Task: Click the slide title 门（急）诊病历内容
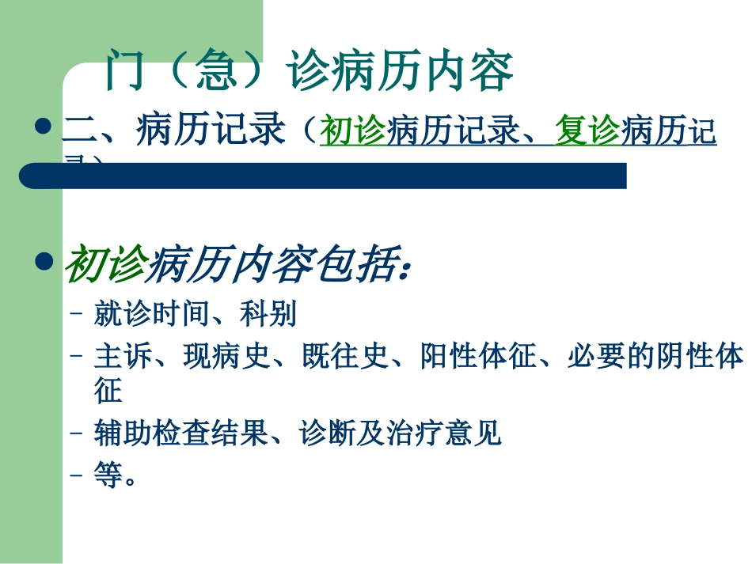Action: [x=310, y=71]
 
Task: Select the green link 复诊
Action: [x=587, y=131]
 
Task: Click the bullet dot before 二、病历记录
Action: [x=46, y=127]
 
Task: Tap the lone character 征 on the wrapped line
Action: [x=108, y=391]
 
